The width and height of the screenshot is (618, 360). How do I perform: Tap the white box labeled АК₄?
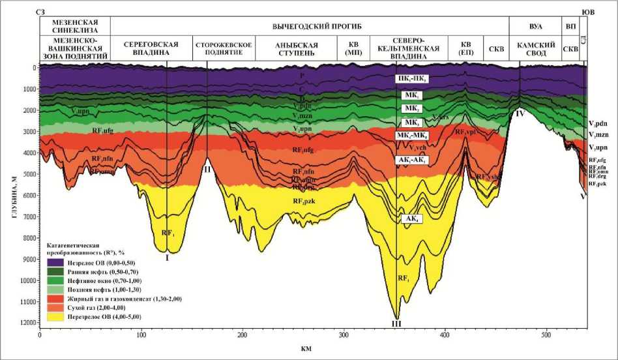413,219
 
